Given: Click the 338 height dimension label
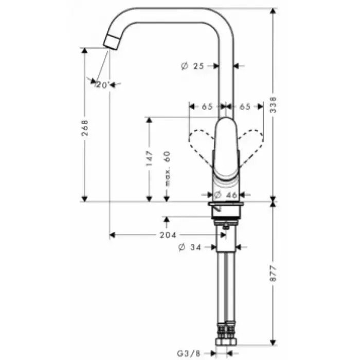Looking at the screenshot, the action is point(273,105).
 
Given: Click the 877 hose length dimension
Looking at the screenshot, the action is point(273,274).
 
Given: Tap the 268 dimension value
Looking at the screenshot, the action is point(85,128).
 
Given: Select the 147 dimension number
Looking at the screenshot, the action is point(149,158).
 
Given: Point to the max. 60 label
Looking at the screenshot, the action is point(167,169).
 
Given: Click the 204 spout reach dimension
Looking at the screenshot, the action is point(168,235).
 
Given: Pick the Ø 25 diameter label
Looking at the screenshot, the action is point(192,66).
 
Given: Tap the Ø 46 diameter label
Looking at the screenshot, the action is point(225,195).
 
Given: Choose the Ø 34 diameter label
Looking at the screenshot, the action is point(190,247).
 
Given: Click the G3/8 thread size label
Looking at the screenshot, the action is point(189,353).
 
